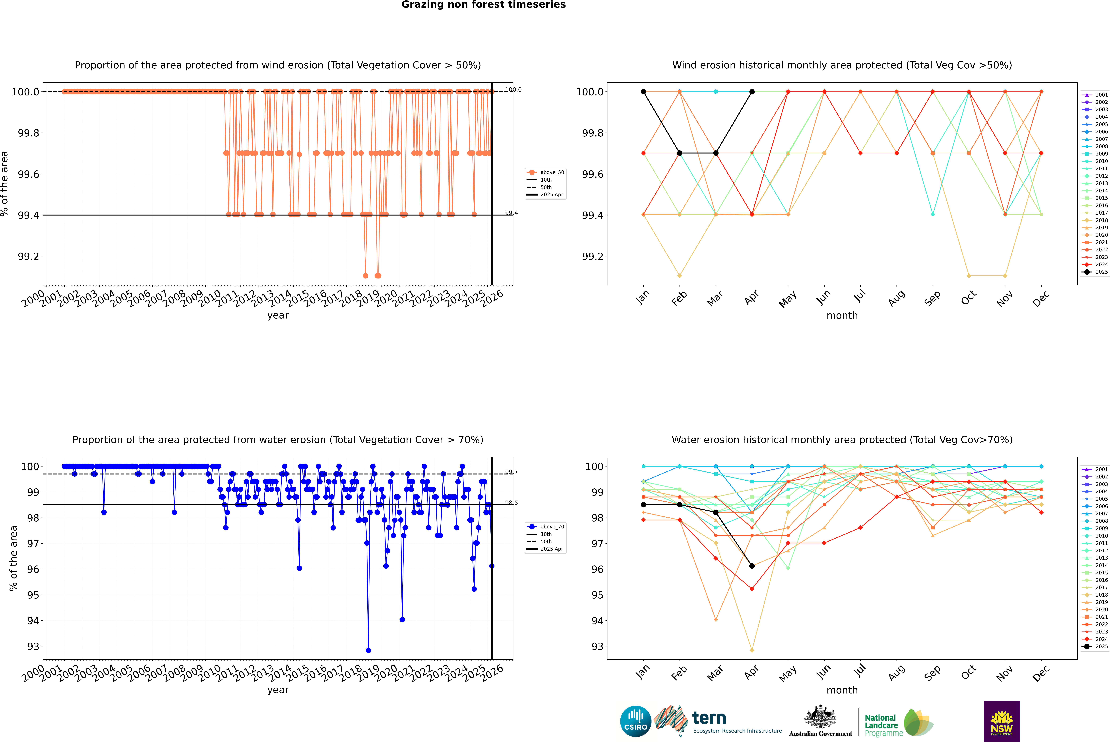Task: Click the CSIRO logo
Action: (635, 721)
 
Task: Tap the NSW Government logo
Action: (1002, 721)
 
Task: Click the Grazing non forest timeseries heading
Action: (484, 5)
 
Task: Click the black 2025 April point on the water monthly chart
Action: (752, 566)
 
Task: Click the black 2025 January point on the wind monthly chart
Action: (643, 92)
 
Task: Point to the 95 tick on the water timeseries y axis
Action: (33, 595)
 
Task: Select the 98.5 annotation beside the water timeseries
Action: (511, 503)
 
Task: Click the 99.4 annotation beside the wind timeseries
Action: (511, 213)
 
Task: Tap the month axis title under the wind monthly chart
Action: (842, 316)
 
